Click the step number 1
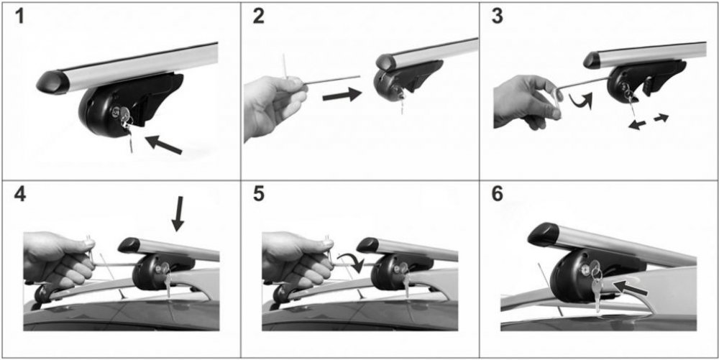(19, 17)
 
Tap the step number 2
(258, 17)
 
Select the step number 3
(497, 17)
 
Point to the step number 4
(20, 195)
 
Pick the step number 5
(259, 195)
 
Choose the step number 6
(497, 195)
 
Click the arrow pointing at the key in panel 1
(163, 144)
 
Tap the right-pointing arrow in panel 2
(342, 94)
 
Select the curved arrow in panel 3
(580, 100)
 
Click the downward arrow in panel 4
(178, 213)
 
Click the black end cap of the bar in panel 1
(53, 83)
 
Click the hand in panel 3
(526, 103)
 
